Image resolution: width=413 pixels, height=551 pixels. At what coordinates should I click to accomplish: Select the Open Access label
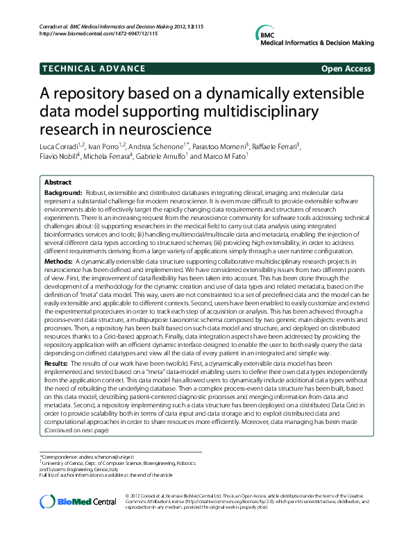pyautogui.click(x=346, y=68)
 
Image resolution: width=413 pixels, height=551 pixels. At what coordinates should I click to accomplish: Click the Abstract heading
pyautogui.click(x=58, y=182)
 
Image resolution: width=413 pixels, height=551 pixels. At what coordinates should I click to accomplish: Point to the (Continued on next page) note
pyautogui.click(x=76, y=430)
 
